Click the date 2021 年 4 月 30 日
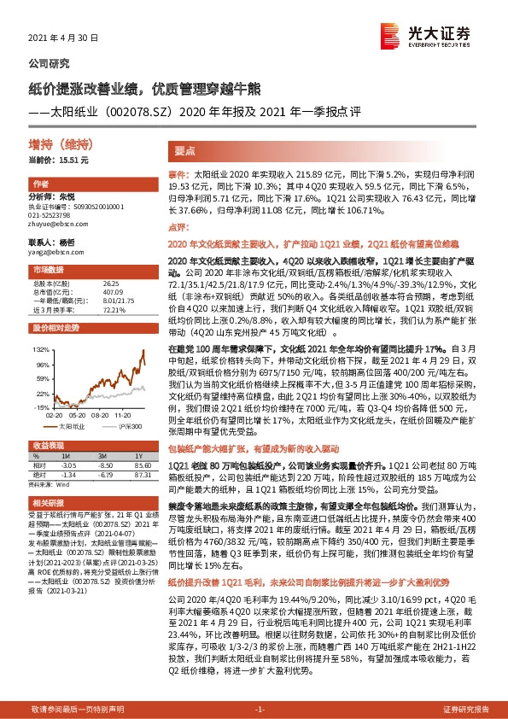(x=64, y=39)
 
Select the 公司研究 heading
(x=50, y=64)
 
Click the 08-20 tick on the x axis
(x=90, y=408)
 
